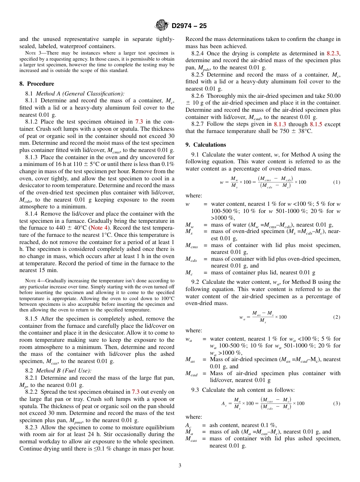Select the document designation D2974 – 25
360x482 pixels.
pyautogui.click(x=189, y=26)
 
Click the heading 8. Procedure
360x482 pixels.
pyautogui.click(x=37, y=84)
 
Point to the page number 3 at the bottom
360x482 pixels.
pyautogui.click(x=180, y=465)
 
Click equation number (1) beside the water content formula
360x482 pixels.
pyautogui.click(x=337, y=182)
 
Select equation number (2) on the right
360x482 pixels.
pyautogui.click(x=337, y=317)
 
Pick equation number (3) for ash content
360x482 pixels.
pyautogui.click(x=337, y=404)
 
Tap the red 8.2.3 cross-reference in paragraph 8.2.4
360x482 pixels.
pyautogui.click(x=333, y=53)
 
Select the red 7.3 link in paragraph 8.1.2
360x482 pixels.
pyautogui.click(x=139, y=122)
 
